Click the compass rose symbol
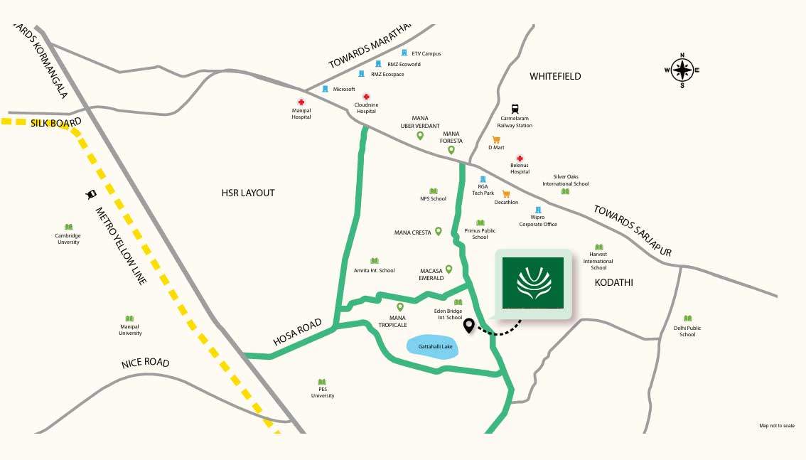pos(682,70)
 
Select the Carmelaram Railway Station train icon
pos(515,109)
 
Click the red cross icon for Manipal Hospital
pos(301,102)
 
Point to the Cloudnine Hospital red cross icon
pos(367,97)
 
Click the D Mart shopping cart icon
pos(496,140)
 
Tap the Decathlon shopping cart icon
pos(506,194)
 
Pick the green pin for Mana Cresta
pos(439,231)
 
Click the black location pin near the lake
pos(468,326)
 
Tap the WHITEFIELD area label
pos(555,76)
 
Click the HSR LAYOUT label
pos(247,193)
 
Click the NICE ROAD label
pos(146,363)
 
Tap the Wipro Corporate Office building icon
pos(538,210)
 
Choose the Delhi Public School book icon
pos(687,319)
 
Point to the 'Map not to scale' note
pos(776,426)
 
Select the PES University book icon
pos(322,382)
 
